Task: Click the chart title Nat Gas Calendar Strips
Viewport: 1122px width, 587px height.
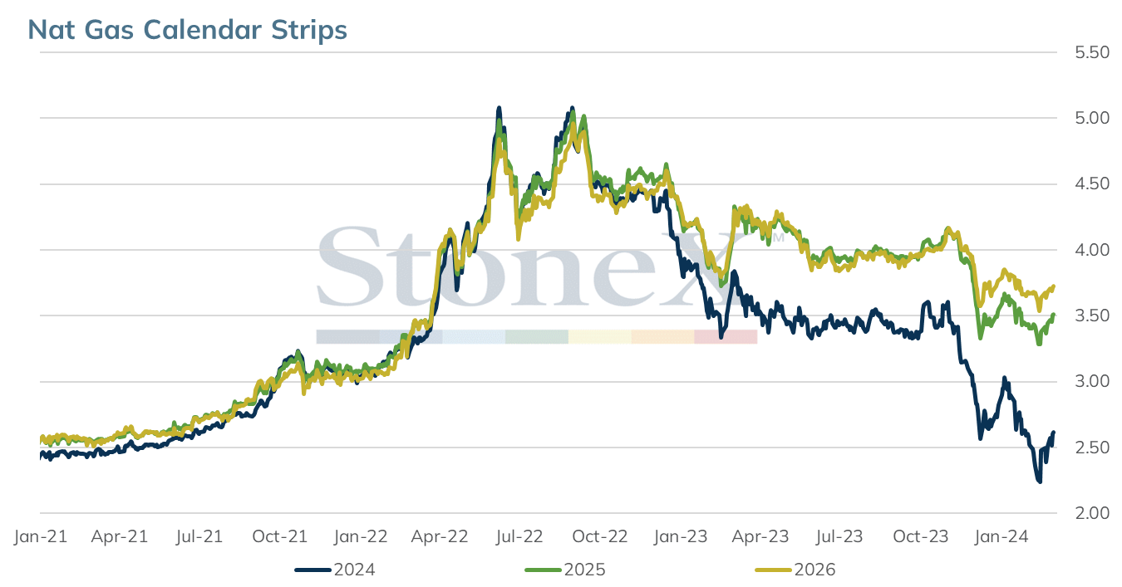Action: click(187, 30)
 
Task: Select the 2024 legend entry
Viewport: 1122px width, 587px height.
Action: click(335, 570)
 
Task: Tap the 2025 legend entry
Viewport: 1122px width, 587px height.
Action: click(565, 570)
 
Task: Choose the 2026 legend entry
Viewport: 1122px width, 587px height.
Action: click(795, 570)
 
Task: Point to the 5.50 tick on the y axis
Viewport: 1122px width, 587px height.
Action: click(1092, 52)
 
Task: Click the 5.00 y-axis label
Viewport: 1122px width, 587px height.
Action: click(1092, 118)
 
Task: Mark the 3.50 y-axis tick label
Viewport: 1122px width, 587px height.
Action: click(1092, 316)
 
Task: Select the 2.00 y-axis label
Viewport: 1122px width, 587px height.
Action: click(1092, 513)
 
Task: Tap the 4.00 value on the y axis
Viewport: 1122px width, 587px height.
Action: click(1092, 250)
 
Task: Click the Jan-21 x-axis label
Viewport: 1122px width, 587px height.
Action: click(41, 536)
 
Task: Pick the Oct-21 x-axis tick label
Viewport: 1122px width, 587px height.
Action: click(279, 536)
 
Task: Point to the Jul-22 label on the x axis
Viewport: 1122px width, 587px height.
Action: click(519, 536)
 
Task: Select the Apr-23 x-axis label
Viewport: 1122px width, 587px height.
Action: click(760, 536)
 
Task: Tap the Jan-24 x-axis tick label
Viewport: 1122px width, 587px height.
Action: click(1001, 536)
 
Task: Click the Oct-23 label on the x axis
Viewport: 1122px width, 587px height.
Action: click(921, 536)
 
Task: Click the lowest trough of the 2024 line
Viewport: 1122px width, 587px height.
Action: click(1039, 482)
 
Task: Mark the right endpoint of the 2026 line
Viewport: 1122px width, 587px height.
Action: click(1054, 286)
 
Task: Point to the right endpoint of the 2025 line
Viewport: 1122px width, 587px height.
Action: click(1054, 315)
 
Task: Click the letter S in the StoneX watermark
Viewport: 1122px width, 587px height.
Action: click(351, 267)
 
